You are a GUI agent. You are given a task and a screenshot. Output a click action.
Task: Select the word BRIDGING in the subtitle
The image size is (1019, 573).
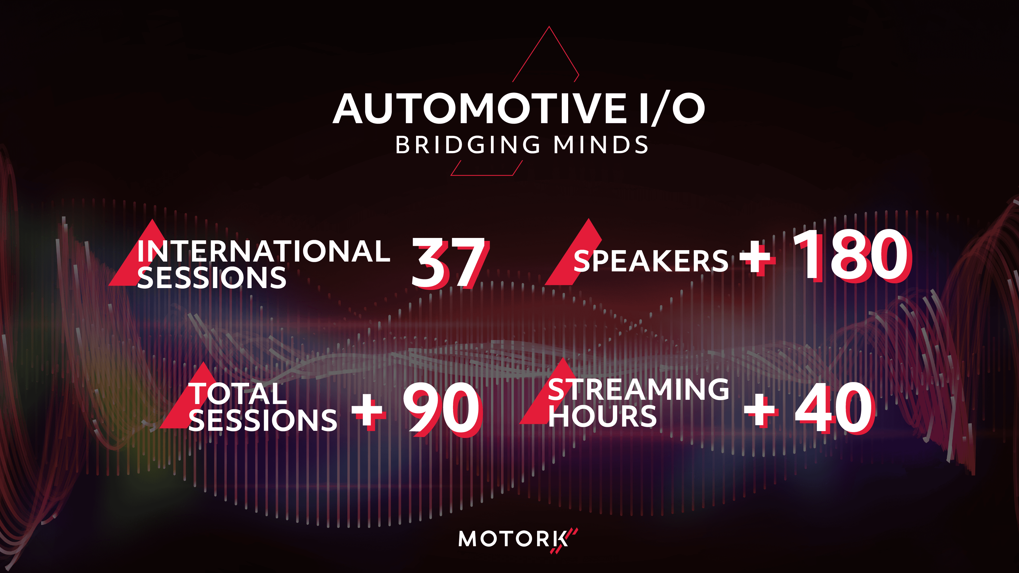468,145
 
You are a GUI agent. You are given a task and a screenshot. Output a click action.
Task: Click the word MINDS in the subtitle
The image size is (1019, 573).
601,145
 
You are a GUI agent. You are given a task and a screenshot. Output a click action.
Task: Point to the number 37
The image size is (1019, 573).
448,263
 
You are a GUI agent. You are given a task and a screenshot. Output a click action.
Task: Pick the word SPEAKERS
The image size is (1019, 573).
651,261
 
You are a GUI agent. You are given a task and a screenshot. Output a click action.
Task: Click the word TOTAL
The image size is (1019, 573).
238,394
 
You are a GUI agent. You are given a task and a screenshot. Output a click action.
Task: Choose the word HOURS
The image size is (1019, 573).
602,416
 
